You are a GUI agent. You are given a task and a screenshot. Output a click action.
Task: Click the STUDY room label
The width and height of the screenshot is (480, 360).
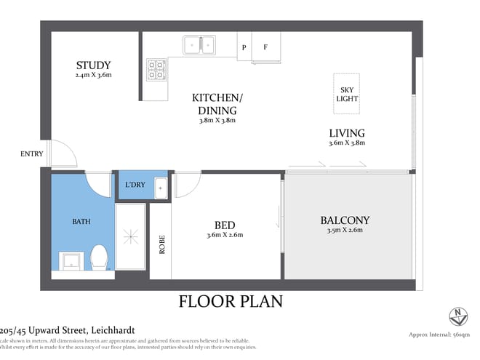[x=92, y=65]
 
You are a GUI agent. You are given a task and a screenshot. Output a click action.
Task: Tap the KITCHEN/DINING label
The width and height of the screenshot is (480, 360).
[x=218, y=103]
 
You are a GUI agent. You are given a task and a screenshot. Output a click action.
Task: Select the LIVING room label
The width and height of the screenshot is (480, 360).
[x=346, y=133]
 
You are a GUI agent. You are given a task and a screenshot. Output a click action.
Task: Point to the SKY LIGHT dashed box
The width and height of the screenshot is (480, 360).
[x=347, y=94]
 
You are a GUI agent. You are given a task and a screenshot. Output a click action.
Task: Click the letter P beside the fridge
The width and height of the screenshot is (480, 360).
[x=244, y=48]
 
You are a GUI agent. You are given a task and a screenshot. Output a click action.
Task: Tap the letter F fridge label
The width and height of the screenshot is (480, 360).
[x=265, y=48]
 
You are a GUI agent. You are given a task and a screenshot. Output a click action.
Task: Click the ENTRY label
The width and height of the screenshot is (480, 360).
[x=32, y=153]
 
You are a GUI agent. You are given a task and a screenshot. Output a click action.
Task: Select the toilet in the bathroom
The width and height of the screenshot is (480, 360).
[x=99, y=257]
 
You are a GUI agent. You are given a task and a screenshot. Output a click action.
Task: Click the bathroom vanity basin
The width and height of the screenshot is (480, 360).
[x=71, y=260]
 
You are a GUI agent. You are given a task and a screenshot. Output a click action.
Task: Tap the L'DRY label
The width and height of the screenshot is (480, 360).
[x=135, y=185]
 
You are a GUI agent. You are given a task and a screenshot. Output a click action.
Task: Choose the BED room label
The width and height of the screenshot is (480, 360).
[x=224, y=224]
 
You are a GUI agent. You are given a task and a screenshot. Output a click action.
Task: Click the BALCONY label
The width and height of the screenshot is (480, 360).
[x=345, y=220]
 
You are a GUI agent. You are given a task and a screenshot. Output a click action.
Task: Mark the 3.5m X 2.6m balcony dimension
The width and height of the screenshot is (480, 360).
[x=345, y=231]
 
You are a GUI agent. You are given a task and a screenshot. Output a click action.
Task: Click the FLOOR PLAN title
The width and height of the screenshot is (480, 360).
[x=231, y=301]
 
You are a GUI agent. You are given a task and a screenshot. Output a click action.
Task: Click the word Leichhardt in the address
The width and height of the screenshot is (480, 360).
[x=106, y=329]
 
